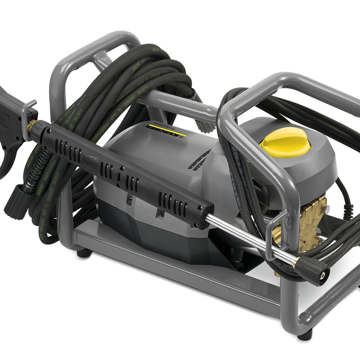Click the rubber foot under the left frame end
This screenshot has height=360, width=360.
(x=84, y=253)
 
